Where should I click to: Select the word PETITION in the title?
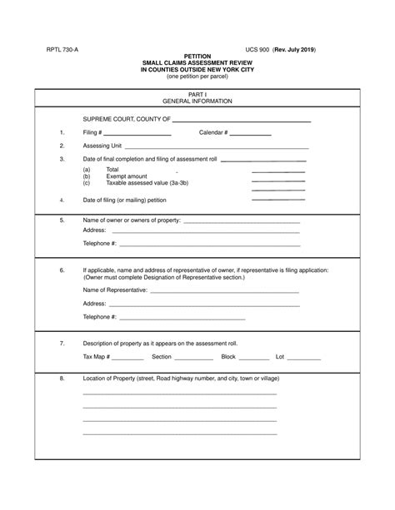pos(197,57)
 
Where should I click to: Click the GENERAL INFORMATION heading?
pos(197,102)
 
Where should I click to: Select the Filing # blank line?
pos(137,134)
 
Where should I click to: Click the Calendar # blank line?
pos(251,134)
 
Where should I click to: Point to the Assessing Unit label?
pos(102,146)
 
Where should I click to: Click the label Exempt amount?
pos(127,176)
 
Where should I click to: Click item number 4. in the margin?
pos(62,201)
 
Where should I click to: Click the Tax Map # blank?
pos(128,359)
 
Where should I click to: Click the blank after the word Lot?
pos(304,359)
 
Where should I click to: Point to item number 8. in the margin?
pos(62,379)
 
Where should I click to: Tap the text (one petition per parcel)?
pos(197,77)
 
